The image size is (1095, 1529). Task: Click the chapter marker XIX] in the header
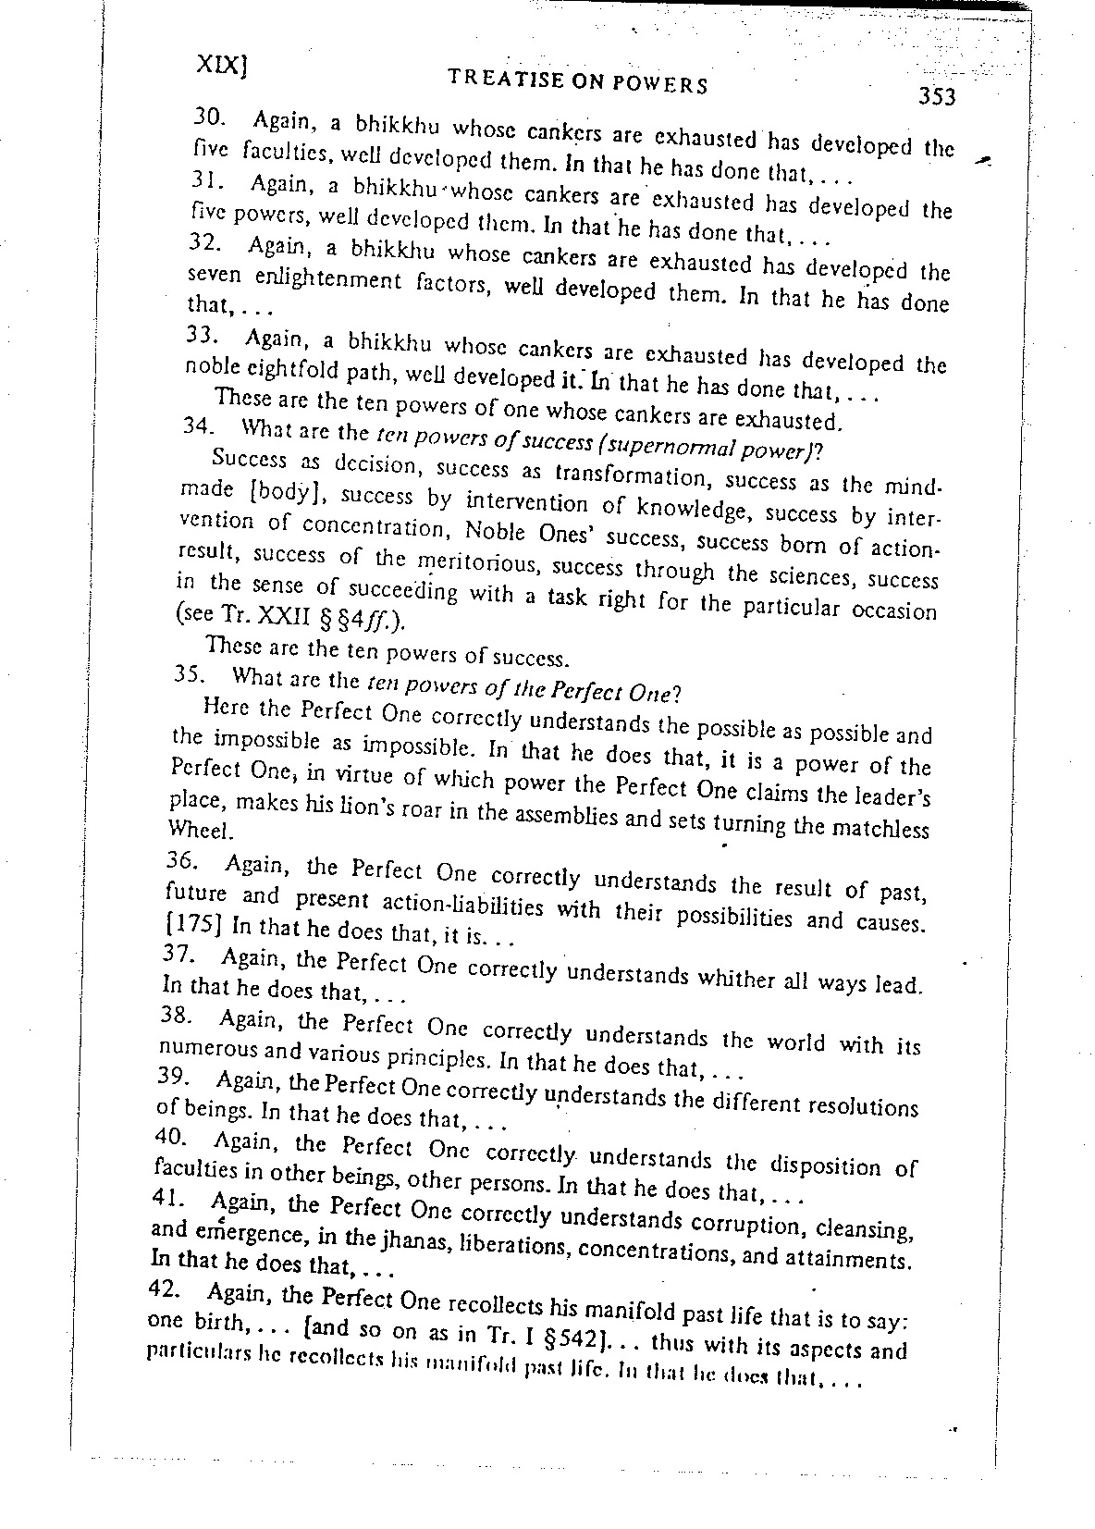point(224,63)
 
